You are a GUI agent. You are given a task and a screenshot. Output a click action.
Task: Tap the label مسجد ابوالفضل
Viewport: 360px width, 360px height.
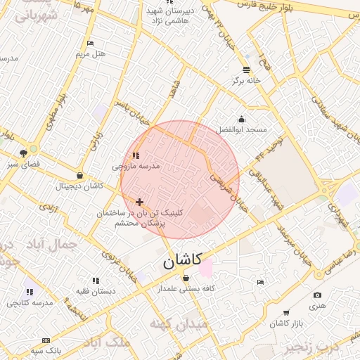(x=241, y=130)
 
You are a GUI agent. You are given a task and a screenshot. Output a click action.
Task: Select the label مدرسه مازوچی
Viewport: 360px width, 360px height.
(x=136, y=167)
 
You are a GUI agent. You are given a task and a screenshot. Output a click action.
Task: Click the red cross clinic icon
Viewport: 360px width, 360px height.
(x=139, y=202)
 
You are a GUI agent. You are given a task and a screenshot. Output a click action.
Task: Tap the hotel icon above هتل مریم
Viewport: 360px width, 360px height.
(x=89, y=44)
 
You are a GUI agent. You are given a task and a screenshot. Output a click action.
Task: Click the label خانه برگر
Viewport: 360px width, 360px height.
(x=246, y=80)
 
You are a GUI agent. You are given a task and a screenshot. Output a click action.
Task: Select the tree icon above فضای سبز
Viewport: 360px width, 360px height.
(x=24, y=153)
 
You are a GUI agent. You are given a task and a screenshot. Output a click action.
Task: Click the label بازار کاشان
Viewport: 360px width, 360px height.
(x=286, y=323)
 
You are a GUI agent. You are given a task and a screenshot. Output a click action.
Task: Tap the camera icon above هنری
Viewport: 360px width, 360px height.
(x=317, y=295)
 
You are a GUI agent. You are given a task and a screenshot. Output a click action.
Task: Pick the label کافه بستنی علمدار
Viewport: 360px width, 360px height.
(x=186, y=288)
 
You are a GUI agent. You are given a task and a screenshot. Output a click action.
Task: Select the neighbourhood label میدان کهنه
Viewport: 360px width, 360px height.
(x=179, y=325)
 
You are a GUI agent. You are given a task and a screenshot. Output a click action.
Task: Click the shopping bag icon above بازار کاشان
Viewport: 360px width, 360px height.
(x=286, y=312)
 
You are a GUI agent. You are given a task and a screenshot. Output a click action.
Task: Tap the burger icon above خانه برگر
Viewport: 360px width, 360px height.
(x=246, y=70)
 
